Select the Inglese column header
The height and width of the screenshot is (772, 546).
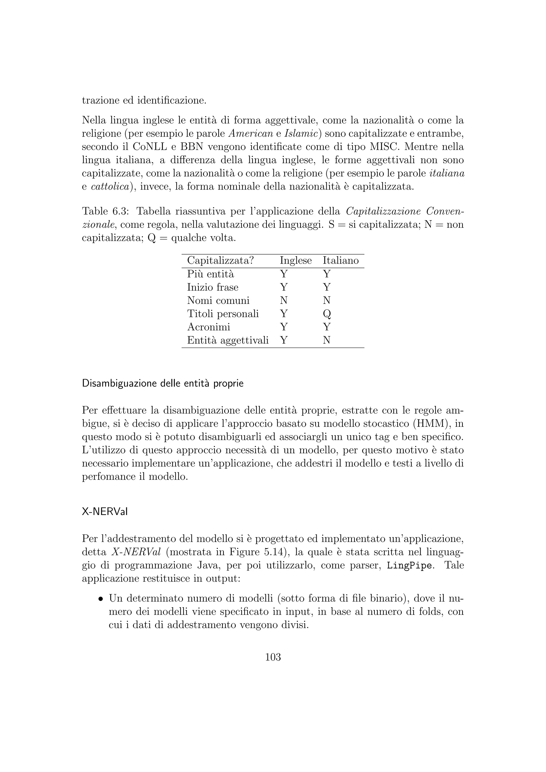pyautogui.click(x=295, y=261)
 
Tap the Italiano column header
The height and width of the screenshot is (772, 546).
pyautogui.click(x=340, y=261)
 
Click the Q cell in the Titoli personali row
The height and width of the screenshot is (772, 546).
pyautogui.click(x=327, y=314)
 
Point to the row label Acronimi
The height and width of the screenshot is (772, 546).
pyautogui.click(x=208, y=327)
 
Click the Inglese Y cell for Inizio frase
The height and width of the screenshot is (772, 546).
pyautogui.click(x=284, y=287)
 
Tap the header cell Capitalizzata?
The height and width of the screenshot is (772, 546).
pyautogui.click(x=220, y=261)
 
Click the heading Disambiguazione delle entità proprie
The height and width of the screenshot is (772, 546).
pyautogui.click(x=163, y=384)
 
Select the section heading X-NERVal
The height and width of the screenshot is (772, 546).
pyautogui.click(x=105, y=512)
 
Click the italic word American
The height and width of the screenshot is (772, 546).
pyautogui.click(x=251, y=134)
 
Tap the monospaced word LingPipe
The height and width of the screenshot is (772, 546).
pyautogui.click(x=409, y=566)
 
